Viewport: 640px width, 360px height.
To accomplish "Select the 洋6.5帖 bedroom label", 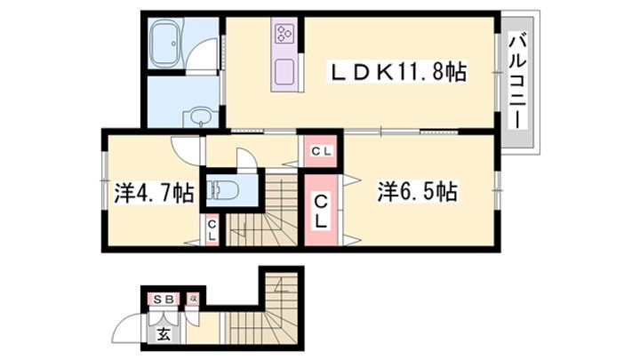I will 417,191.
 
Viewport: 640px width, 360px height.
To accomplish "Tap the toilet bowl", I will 221,189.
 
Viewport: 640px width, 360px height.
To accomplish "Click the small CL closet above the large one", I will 321,150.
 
